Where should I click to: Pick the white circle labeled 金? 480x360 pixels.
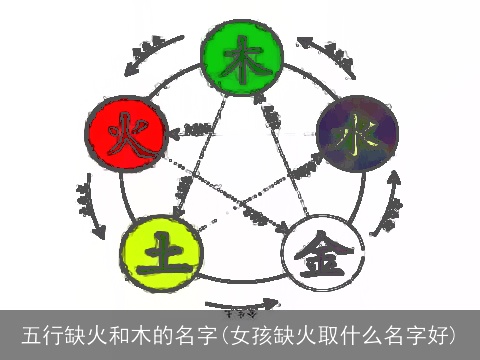click(x=319, y=246)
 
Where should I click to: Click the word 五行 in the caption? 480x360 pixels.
click(x=41, y=333)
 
